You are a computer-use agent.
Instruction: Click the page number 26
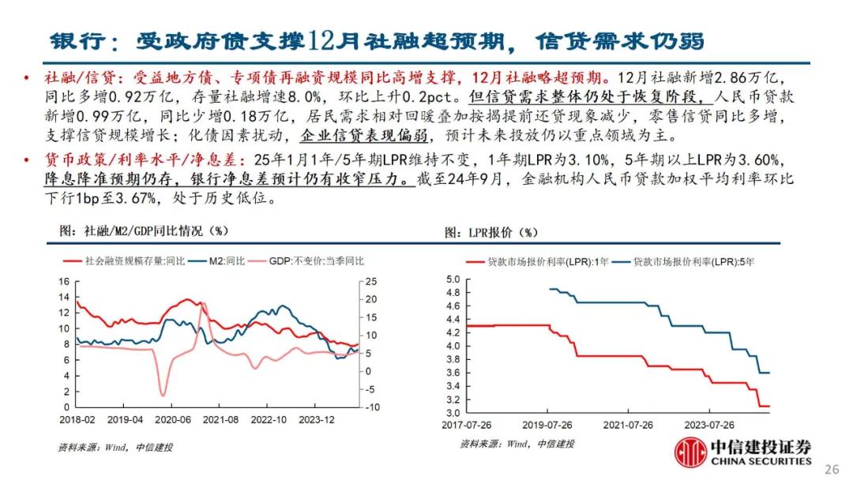(831, 469)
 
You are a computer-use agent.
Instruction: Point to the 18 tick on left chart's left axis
(65, 281)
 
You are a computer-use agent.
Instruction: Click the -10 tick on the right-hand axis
(371, 407)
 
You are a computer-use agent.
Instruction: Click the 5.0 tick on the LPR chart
(452, 279)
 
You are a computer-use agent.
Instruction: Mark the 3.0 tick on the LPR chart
(452, 413)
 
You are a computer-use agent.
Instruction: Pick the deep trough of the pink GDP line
(163, 394)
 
